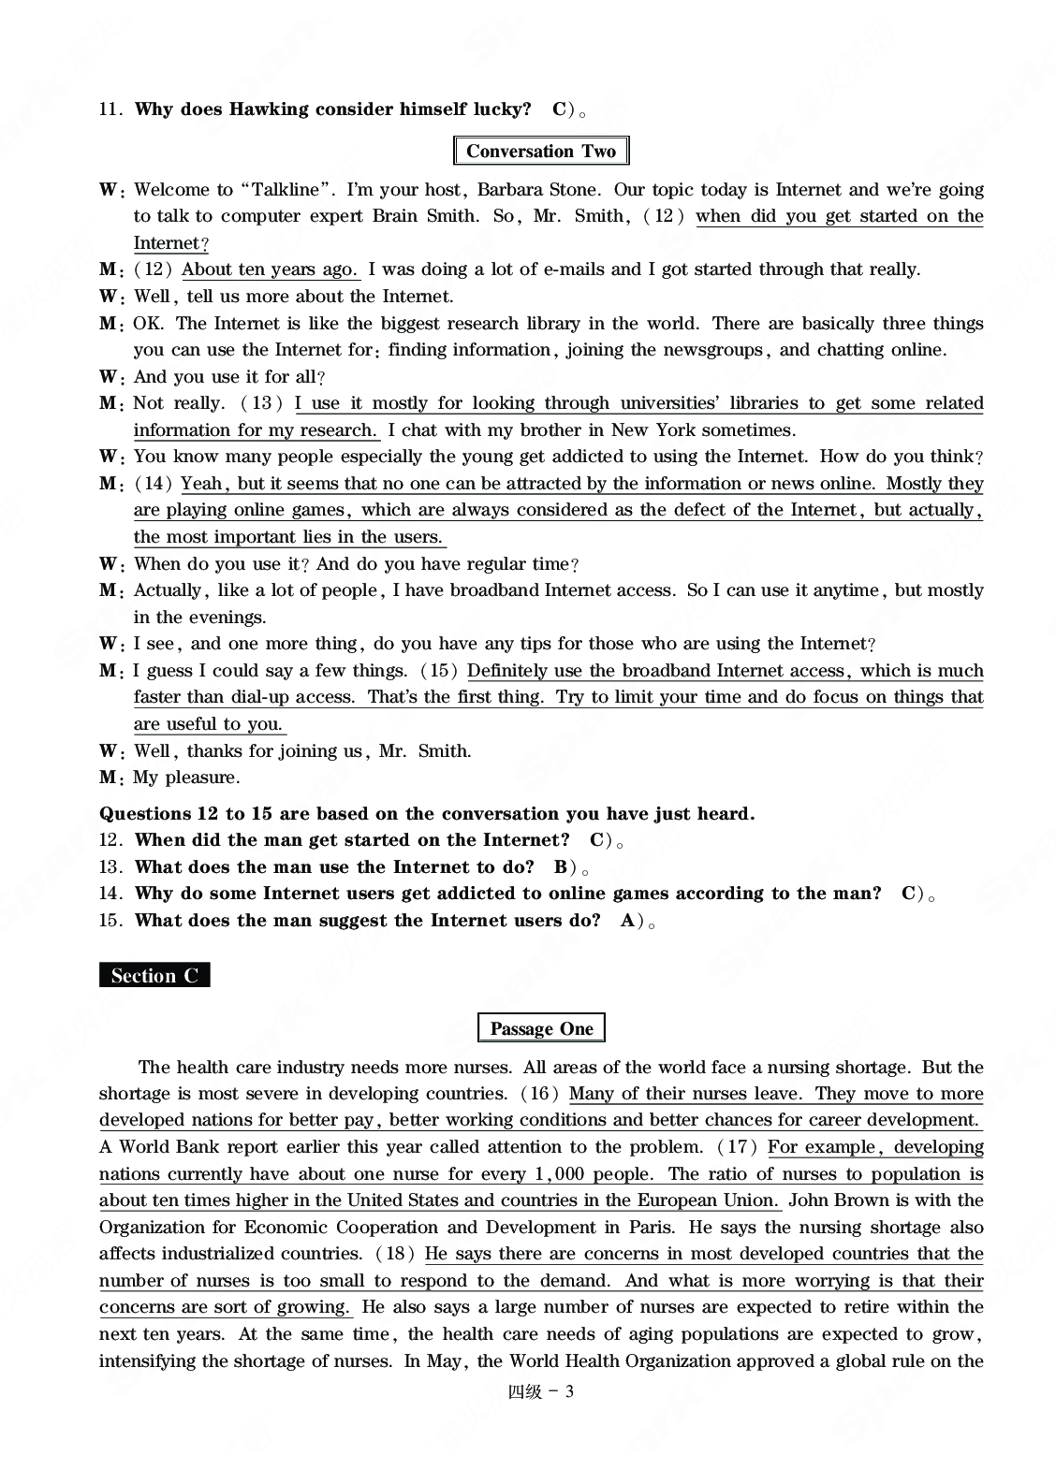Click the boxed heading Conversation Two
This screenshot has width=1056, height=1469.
(540, 152)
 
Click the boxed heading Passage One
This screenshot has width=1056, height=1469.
(541, 1029)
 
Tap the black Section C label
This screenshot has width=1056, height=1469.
(154, 976)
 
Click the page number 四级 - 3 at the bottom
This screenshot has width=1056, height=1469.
(540, 1391)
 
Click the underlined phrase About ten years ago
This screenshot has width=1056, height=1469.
(270, 269)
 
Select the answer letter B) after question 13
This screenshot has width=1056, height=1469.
(564, 867)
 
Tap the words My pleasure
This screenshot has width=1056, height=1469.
(186, 778)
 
